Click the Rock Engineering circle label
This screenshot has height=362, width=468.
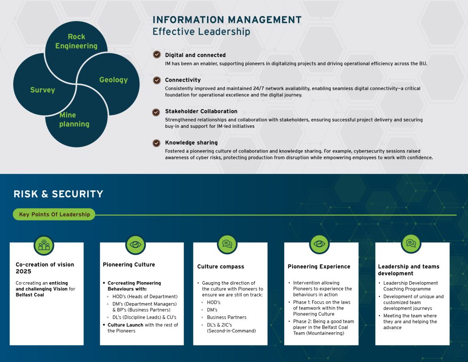click(76, 41)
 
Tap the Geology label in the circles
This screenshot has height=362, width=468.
click(113, 80)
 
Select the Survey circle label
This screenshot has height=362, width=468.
click(43, 90)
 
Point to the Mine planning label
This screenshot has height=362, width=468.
click(74, 120)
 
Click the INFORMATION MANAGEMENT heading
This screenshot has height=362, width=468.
click(227, 20)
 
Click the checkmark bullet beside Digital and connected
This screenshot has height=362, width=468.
click(157, 55)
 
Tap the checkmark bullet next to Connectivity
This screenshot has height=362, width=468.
click(157, 80)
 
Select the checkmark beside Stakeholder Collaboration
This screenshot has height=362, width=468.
click(157, 111)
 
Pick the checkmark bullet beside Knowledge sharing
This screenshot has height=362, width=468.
click(157, 142)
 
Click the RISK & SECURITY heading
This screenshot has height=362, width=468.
click(58, 194)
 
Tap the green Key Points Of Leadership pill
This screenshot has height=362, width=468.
click(54, 214)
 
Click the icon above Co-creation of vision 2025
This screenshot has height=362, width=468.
click(44, 245)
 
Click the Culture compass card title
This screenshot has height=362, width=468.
click(220, 267)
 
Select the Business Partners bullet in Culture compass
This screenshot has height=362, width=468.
click(226, 317)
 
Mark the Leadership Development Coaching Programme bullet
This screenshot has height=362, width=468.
click(410, 286)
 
